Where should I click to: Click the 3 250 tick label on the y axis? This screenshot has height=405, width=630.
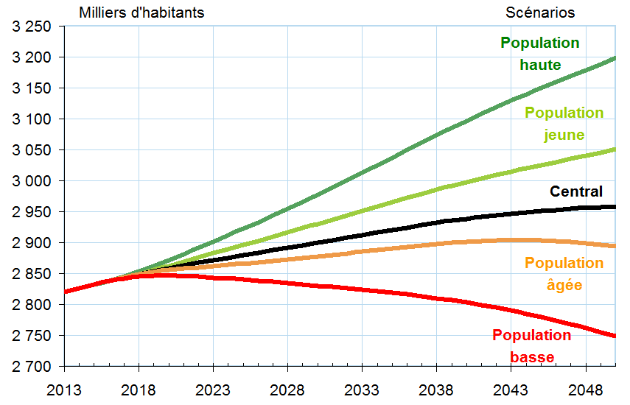pos(31,27)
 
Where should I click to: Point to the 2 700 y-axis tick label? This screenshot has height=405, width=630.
pos(31,367)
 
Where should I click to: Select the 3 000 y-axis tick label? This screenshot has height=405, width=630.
pos(31,181)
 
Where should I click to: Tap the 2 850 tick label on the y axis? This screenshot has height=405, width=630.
pos(31,274)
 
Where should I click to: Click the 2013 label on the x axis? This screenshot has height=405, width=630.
pos(64,388)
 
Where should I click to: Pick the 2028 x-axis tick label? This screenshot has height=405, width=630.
pos(287,388)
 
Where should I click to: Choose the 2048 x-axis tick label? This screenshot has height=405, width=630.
pos(584,388)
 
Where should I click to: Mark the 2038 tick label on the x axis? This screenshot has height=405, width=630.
pos(435,388)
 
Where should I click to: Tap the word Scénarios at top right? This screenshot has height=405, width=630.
pos(540,13)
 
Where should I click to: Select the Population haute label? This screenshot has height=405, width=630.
pos(540,54)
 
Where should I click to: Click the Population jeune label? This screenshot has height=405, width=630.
pos(564,124)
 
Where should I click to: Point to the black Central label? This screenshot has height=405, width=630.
pos(576,191)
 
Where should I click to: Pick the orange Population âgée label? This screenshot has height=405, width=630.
pos(564,273)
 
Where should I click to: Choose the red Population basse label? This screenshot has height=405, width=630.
pos(531,346)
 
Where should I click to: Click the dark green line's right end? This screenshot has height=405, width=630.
pos(615,57)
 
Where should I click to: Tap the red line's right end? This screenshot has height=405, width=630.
pos(615,336)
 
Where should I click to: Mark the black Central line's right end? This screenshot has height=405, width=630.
pos(615,207)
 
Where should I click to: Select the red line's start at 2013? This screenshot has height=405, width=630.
pos(66,292)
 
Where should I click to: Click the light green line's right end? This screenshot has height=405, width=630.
pos(615,149)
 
